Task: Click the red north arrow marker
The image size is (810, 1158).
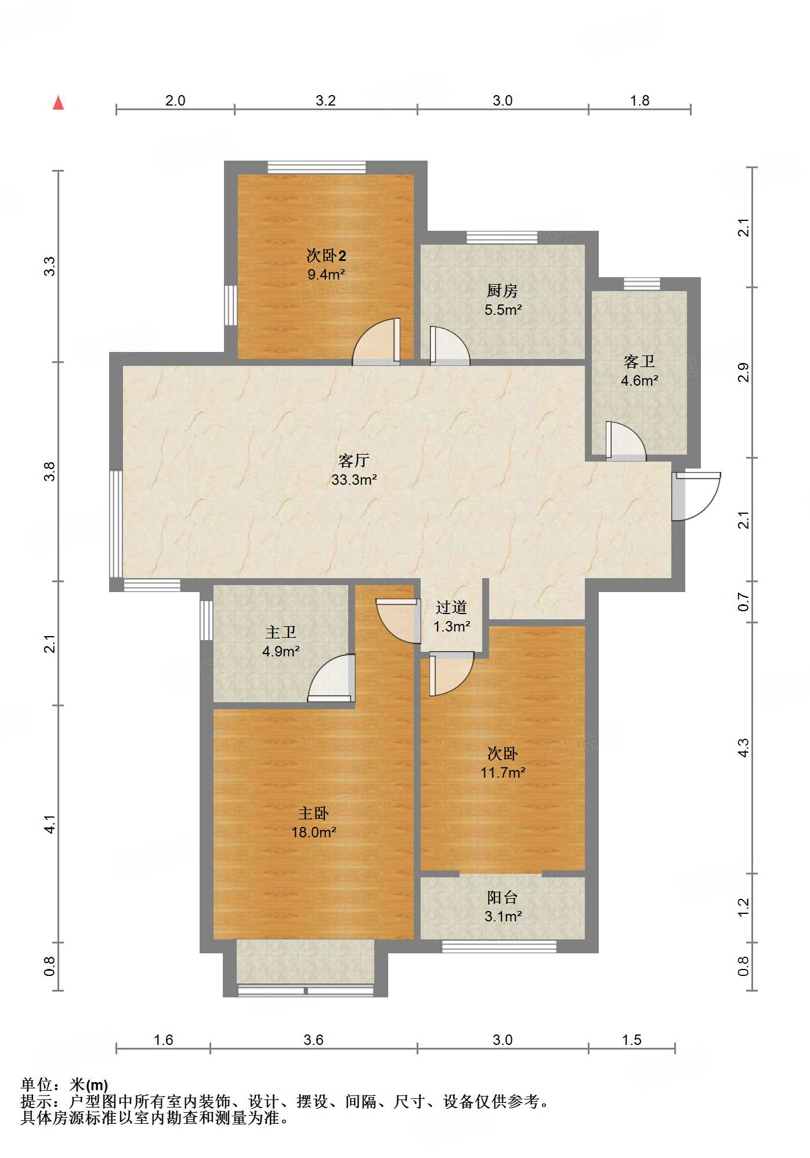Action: pyautogui.click(x=58, y=103)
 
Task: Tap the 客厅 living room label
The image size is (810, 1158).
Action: pyautogui.click(x=353, y=460)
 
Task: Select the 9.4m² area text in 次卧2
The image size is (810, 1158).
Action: pyautogui.click(x=326, y=274)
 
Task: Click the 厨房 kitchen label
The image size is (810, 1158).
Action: pyautogui.click(x=502, y=290)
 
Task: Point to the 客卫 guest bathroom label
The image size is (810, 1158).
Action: pyautogui.click(x=639, y=361)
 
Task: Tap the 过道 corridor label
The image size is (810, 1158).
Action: pyautogui.click(x=451, y=607)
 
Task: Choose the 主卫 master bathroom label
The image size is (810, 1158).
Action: pyautogui.click(x=281, y=632)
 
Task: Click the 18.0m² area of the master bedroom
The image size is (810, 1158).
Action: pyautogui.click(x=313, y=832)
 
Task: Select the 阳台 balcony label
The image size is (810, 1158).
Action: pyautogui.click(x=502, y=898)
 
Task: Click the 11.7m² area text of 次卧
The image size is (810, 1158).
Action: pyautogui.click(x=502, y=772)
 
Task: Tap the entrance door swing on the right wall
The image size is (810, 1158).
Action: pyautogui.click(x=696, y=496)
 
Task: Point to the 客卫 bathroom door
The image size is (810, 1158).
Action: pyautogui.click(x=625, y=441)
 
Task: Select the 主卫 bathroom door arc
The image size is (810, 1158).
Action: pyautogui.click(x=331, y=678)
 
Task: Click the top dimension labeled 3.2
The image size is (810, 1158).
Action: pyautogui.click(x=326, y=100)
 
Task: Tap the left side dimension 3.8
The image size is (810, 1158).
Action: pyautogui.click(x=50, y=471)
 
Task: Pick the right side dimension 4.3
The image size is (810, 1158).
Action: pyautogui.click(x=743, y=747)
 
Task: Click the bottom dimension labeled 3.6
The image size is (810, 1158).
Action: pyautogui.click(x=313, y=1040)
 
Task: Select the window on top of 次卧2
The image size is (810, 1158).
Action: pyautogui.click(x=317, y=167)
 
